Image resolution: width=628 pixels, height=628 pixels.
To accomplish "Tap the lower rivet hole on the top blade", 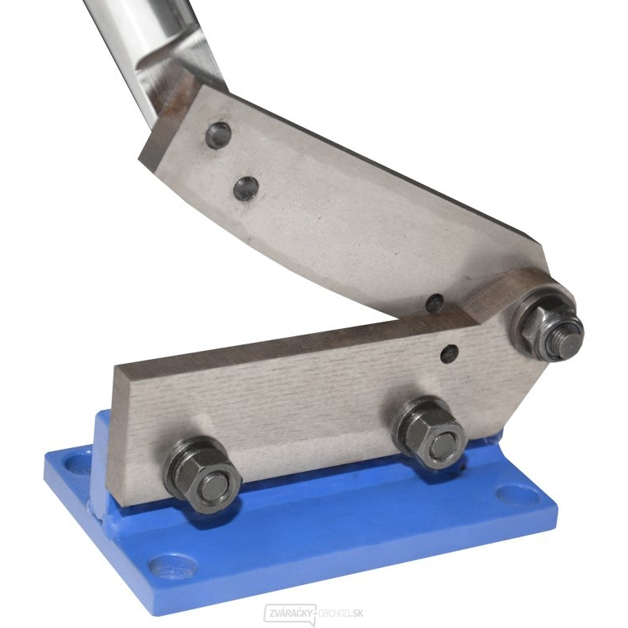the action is (246, 188).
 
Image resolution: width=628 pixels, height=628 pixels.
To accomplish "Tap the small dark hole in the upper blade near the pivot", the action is (435, 303).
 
